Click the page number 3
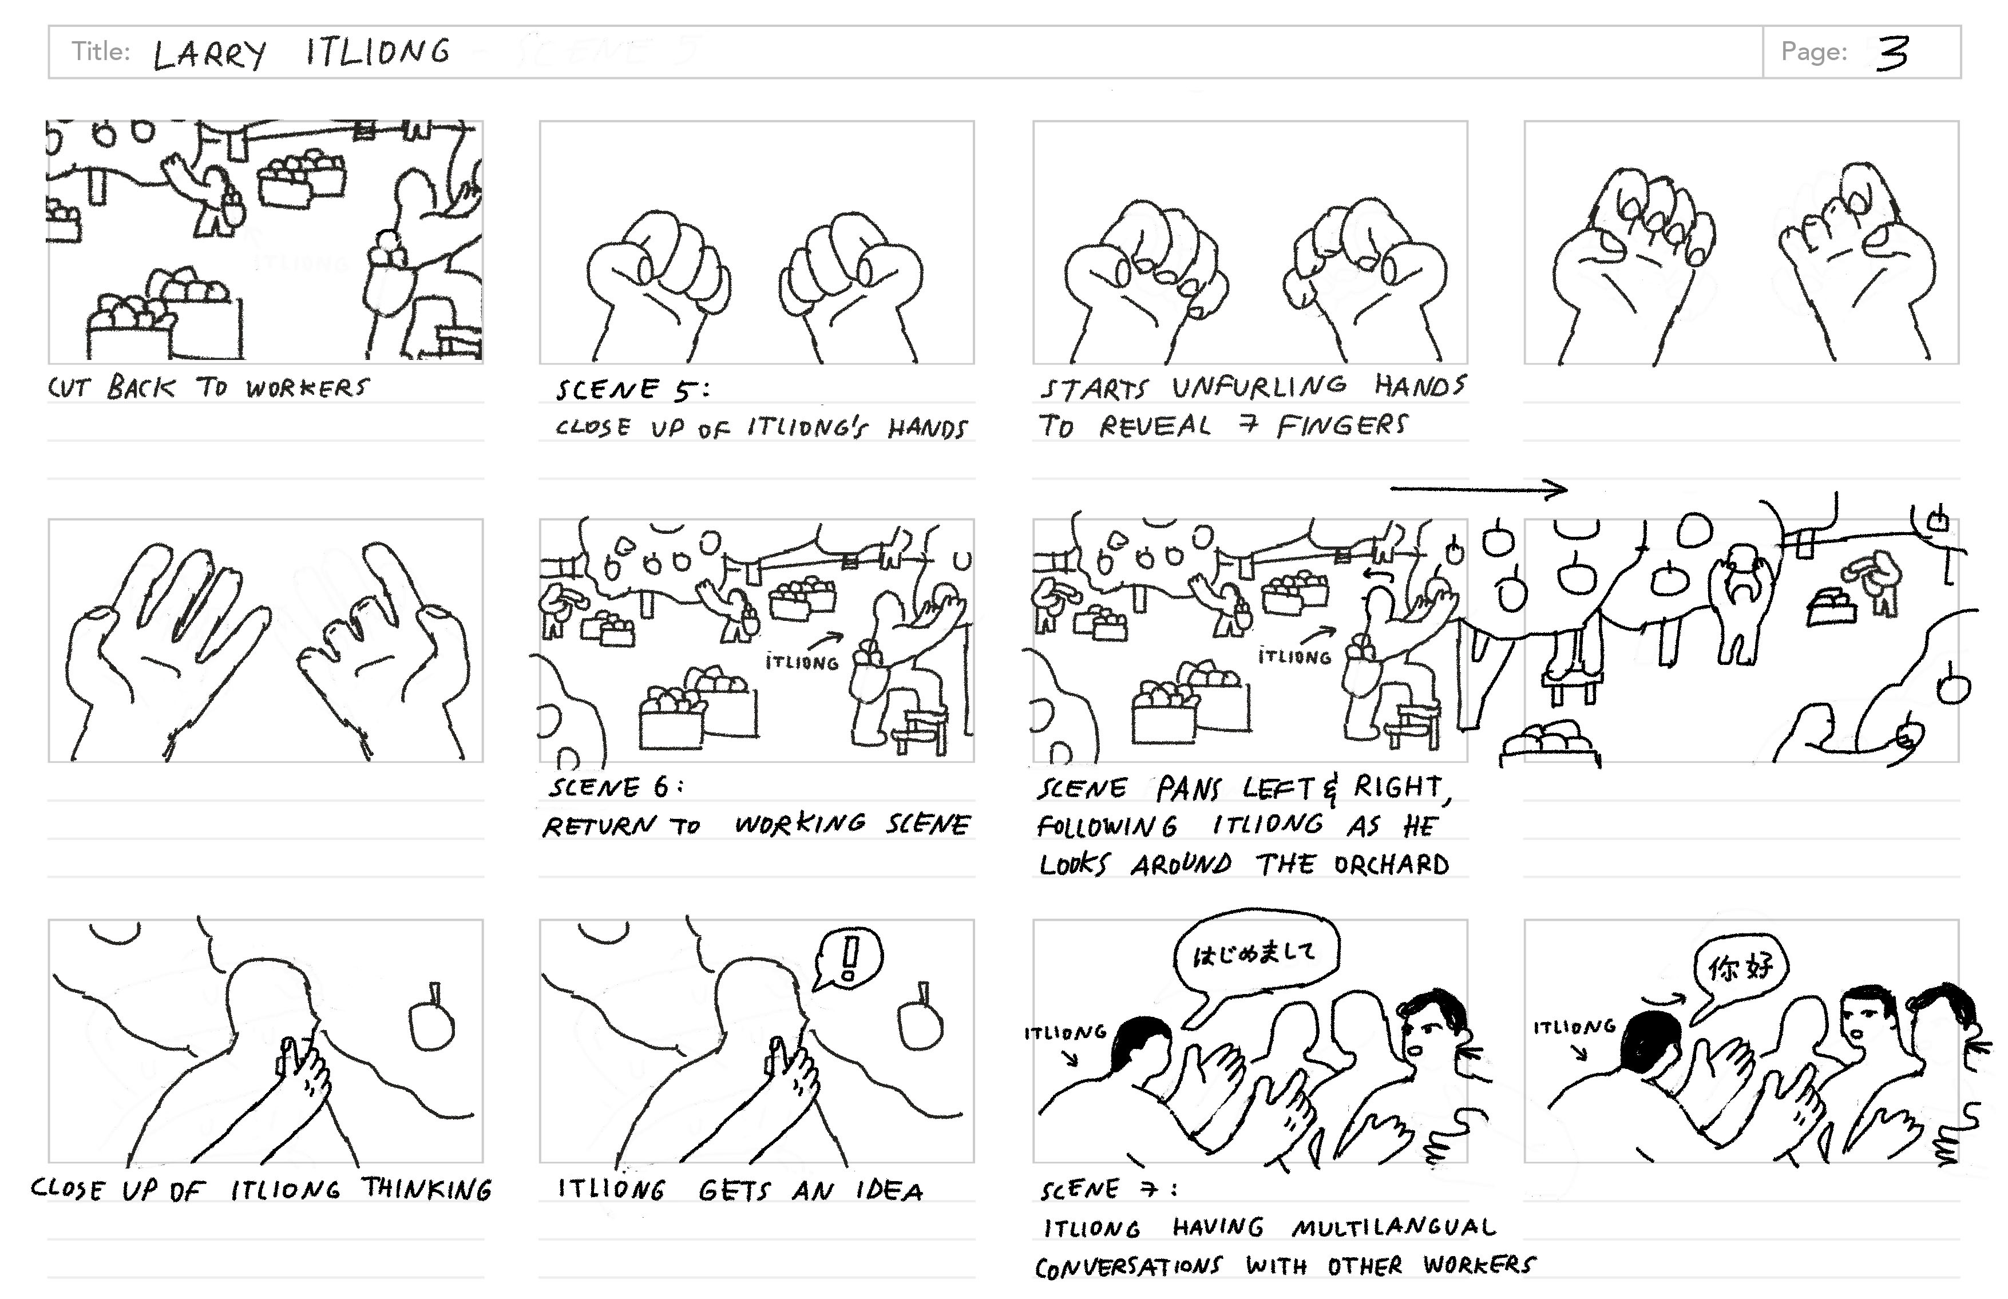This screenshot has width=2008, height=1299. pyautogui.click(x=1892, y=53)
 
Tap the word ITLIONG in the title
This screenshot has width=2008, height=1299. pyautogui.click(x=378, y=52)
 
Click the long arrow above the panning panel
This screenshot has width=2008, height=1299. pyautogui.click(x=1478, y=488)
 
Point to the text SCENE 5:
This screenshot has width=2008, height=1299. pyautogui.click(x=632, y=390)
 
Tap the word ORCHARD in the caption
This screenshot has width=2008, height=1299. pyautogui.click(x=1392, y=865)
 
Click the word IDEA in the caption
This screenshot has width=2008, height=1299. pyautogui.click(x=890, y=1191)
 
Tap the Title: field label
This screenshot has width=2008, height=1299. pyautogui.click(x=100, y=52)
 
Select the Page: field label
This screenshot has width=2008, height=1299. pyautogui.click(x=1813, y=52)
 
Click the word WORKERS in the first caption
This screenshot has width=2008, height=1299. pyautogui.click(x=307, y=388)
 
